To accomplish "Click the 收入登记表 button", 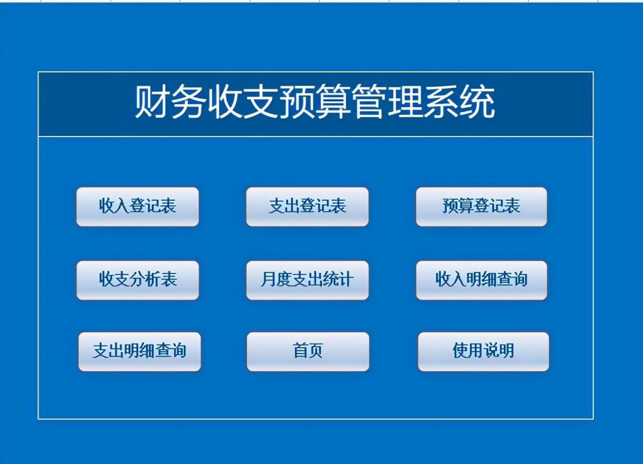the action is tap(138, 207).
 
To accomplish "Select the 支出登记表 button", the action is tap(307, 207).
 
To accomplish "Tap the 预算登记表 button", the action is tap(481, 207).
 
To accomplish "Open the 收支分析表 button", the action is tap(138, 280).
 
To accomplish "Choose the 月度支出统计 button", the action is tap(307, 280).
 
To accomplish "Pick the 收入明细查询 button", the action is tap(481, 280).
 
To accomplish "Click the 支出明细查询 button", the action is tap(139, 352).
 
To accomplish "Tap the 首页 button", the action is tap(308, 352).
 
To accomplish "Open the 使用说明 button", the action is tap(483, 352).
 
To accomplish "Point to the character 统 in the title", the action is tap(477, 102).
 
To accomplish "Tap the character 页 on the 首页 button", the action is tap(316, 351).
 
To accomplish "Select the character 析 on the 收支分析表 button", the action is tap(153, 279).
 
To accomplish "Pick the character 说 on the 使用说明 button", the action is tap(491, 351).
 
